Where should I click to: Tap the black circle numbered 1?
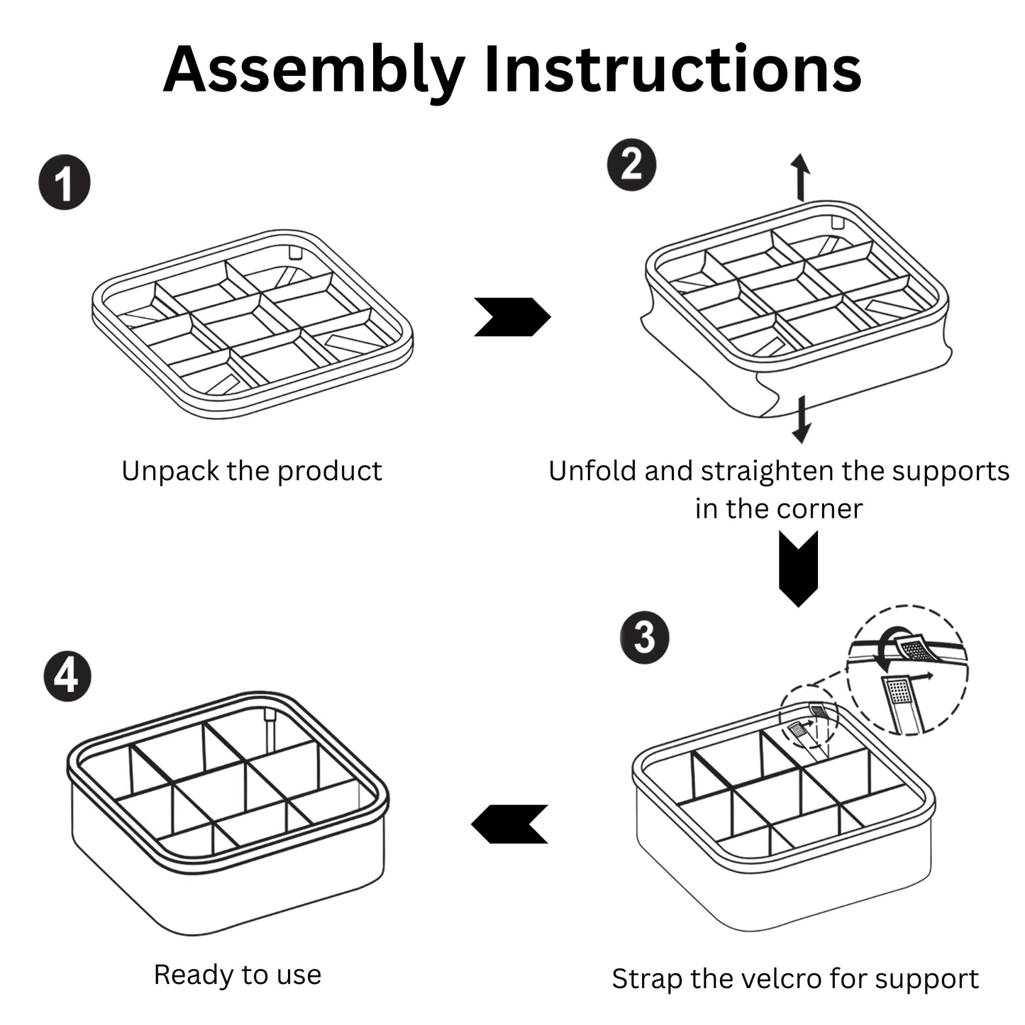tap(65, 183)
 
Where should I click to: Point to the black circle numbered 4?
tap(67, 675)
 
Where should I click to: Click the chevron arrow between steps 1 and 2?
tap(511, 316)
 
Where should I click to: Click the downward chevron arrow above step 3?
tap(798, 568)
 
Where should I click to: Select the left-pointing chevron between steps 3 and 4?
tap(509, 824)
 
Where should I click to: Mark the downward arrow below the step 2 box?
tap(802, 419)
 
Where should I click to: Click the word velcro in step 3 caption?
tap(782, 979)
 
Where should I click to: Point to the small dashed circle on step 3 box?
tap(809, 717)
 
